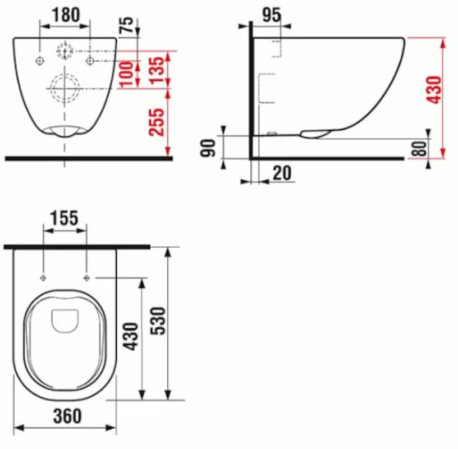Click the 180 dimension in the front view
[x=65, y=15]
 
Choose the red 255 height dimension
[x=158, y=122]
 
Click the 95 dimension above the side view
[x=271, y=15]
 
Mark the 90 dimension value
[x=209, y=149]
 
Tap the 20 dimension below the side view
[x=283, y=173]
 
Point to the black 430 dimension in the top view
[x=130, y=336]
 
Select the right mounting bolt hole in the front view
[x=89, y=61]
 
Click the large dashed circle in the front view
[x=65, y=88]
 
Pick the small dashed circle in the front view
[x=65, y=51]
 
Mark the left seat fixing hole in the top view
[x=44, y=278]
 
